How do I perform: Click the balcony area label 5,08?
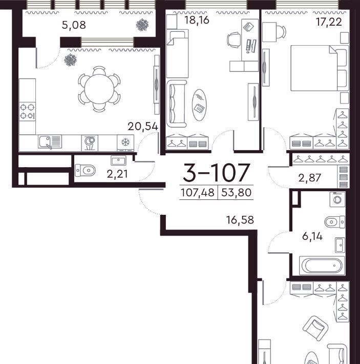(x=74, y=25)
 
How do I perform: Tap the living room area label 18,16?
(x=197, y=20)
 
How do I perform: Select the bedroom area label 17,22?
(x=329, y=22)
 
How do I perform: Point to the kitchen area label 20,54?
(x=143, y=127)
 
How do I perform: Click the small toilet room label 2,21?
(x=117, y=174)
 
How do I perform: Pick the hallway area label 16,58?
(x=240, y=219)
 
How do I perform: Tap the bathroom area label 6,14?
(x=312, y=236)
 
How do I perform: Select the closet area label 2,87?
(x=309, y=178)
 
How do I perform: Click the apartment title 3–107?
(x=217, y=172)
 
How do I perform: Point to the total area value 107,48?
(x=198, y=193)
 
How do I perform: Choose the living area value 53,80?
(x=237, y=193)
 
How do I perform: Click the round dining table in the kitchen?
(x=99, y=89)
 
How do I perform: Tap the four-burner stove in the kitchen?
(x=27, y=111)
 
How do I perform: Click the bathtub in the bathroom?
(x=322, y=266)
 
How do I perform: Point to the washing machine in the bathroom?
(x=337, y=199)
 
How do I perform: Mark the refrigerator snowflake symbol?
(x=125, y=141)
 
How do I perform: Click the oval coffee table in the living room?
(x=199, y=105)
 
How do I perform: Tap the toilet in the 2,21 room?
(x=85, y=171)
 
